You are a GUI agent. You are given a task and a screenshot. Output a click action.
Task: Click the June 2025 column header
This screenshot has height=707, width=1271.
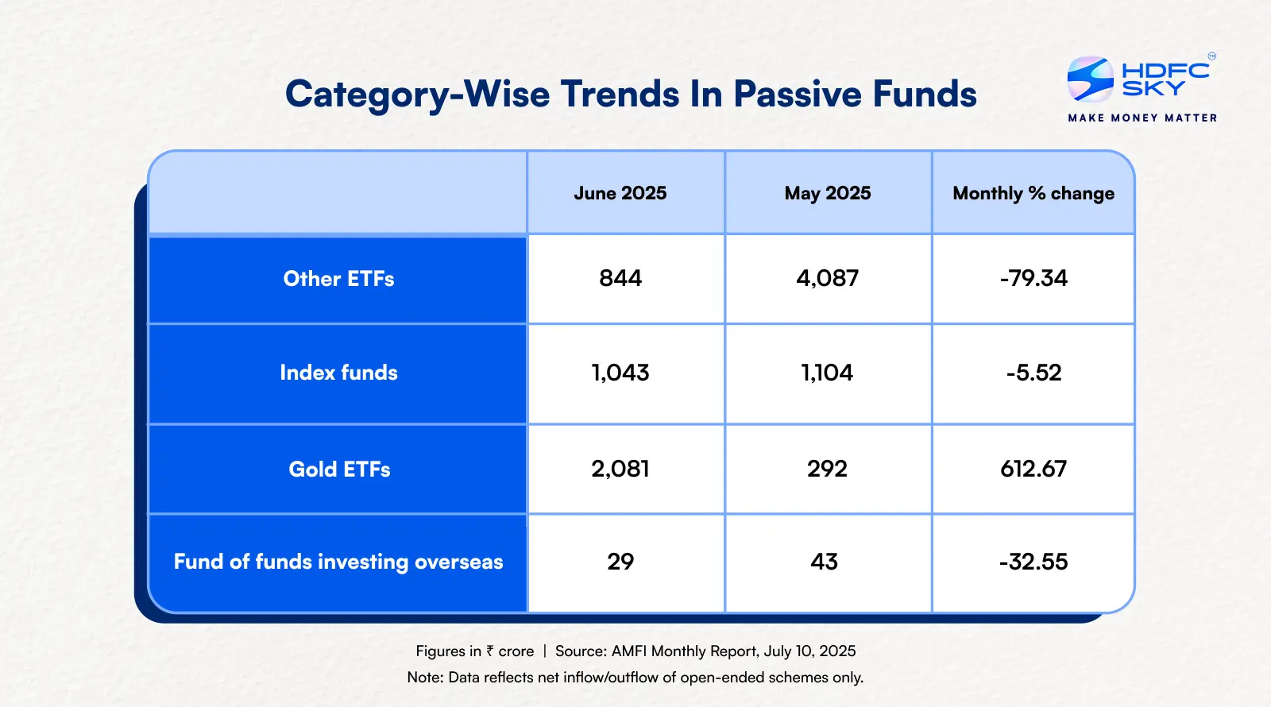620,193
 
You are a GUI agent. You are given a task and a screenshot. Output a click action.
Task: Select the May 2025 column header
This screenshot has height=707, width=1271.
828,193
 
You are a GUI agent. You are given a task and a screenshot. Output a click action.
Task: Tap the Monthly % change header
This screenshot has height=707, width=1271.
1033,193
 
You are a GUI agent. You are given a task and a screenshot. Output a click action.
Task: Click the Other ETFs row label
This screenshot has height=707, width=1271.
338,279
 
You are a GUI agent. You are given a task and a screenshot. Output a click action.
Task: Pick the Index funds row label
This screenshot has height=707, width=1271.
338,373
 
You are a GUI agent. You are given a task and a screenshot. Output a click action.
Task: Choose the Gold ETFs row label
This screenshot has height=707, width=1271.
339,469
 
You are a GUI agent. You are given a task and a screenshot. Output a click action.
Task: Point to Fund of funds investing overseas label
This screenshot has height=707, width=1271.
338,562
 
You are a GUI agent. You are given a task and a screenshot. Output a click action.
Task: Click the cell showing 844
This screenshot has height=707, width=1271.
620,278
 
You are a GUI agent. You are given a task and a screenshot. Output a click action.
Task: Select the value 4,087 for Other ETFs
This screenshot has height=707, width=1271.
828,278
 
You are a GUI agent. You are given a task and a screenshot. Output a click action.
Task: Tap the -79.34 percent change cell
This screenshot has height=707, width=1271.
1033,278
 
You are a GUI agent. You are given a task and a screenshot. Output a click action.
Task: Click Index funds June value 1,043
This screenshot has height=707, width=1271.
620,373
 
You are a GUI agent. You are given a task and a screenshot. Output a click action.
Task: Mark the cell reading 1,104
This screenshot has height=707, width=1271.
827,373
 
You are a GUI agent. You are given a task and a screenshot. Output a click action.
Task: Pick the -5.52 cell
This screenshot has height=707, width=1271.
1033,373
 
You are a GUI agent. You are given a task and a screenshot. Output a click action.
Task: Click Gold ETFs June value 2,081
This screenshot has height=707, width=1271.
620,469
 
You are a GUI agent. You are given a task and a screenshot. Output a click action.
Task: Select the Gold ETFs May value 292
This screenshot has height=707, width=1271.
827,469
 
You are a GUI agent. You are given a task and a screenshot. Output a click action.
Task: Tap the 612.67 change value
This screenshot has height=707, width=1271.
1033,469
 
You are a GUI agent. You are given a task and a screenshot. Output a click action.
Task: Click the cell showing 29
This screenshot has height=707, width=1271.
620,562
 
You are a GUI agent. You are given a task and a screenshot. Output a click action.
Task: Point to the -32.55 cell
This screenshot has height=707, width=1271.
1033,562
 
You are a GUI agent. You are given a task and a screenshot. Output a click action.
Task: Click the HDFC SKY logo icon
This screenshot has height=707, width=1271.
1091,79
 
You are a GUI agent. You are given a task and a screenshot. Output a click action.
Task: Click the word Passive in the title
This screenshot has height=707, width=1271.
798,94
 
